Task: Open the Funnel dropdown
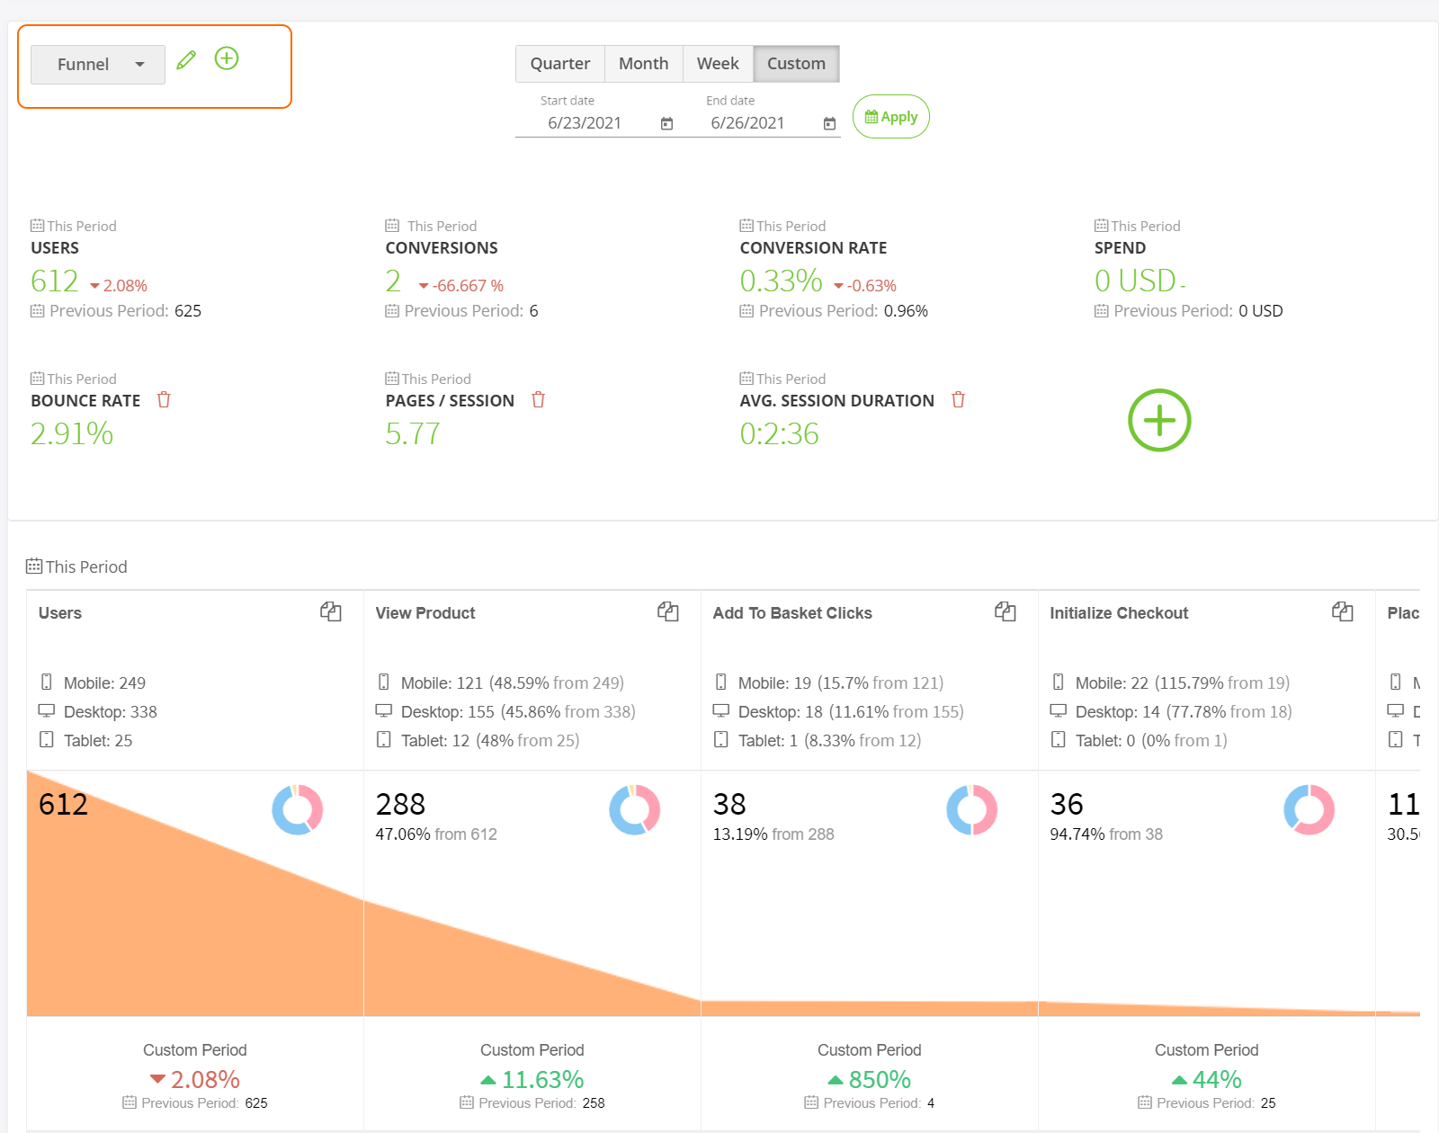tap(98, 65)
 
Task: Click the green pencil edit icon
tap(186, 60)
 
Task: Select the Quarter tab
tap(559, 64)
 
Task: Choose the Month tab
tap(643, 64)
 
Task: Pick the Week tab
tap(718, 64)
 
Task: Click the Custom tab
tap(796, 64)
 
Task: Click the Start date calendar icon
tap(666, 124)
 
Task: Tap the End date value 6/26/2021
tap(746, 123)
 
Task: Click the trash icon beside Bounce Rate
tap(164, 400)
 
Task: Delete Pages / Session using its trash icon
tap(538, 400)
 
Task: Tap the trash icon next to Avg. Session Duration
tap(958, 400)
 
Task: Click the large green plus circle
tap(1159, 420)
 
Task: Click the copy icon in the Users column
tap(331, 612)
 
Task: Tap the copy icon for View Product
tap(668, 612)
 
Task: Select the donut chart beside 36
tap(1309, 809)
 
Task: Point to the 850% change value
tap(879, 1079)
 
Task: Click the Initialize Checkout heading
tap(1119, 613)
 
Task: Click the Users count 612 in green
tap(55, 281)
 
